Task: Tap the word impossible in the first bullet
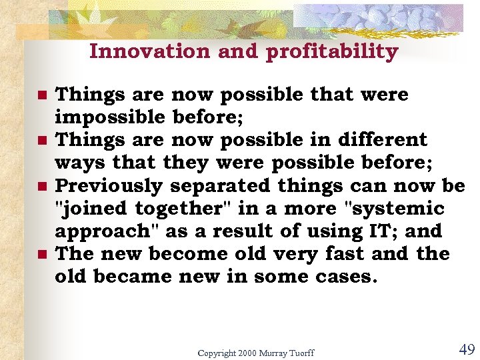tap(109, 118)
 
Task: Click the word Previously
tap(109, 187)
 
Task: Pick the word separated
tap(223, 186)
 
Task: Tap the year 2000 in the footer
tap(247, 353)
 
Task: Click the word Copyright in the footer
tap(217, 353)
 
